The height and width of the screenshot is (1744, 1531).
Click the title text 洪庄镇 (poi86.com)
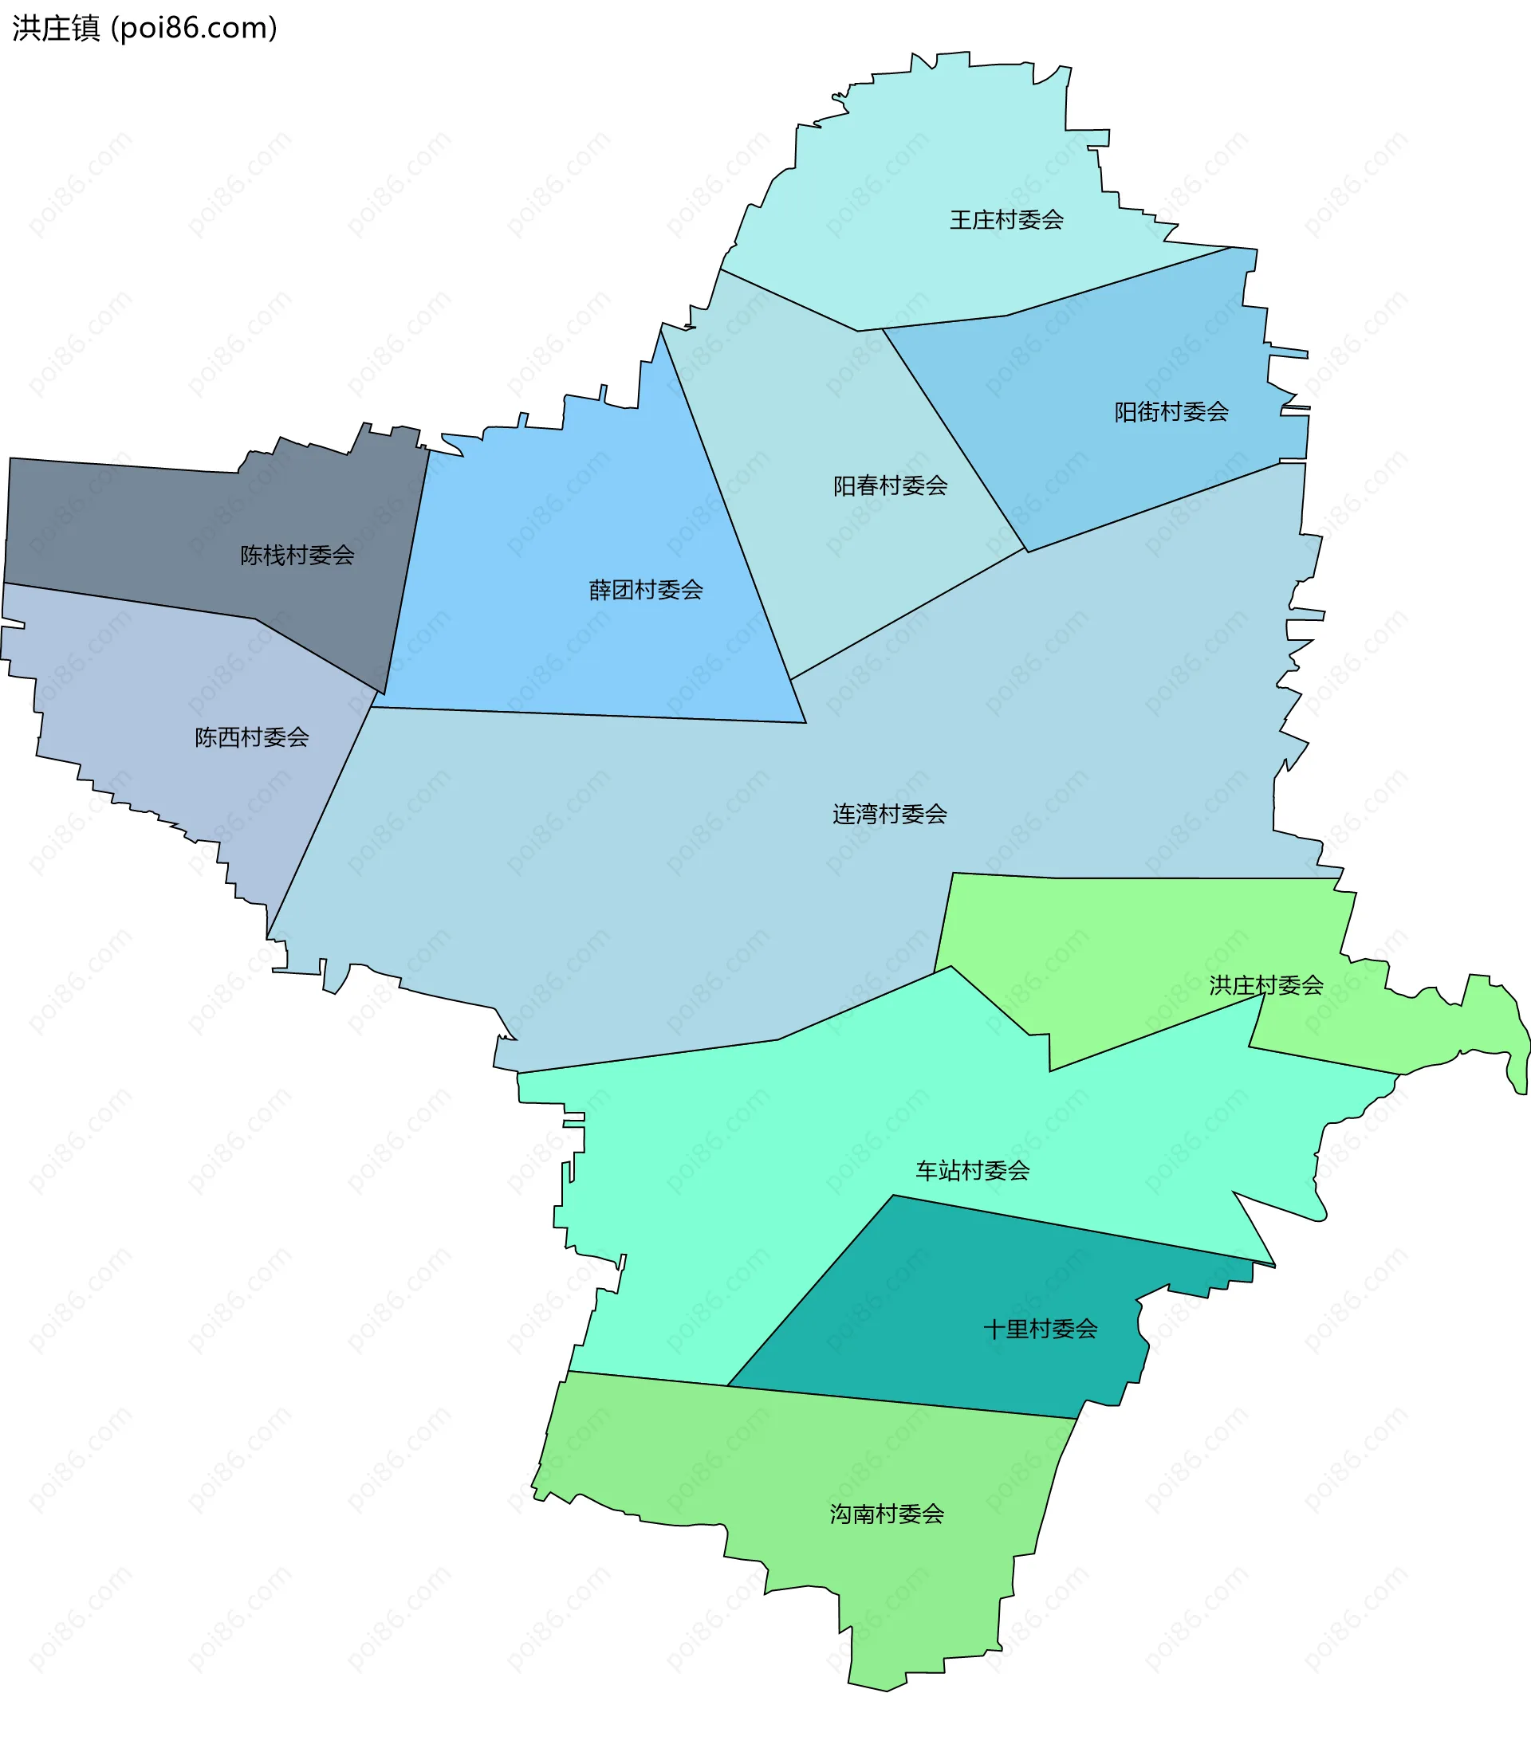click(x=144, y=28)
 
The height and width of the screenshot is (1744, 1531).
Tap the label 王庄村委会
click(x=1006, y=220)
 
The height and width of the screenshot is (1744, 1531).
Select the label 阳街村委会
click(x=1171, y=412)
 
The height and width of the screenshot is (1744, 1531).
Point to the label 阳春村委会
click(x=890, y=485)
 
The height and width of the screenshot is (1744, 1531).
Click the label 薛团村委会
click(x=645, y=590)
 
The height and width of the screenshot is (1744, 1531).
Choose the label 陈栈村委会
click(x=297, y=556)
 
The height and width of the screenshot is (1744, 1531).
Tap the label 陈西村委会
click(x=252, y=737)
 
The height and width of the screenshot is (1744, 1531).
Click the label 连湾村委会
click(x=889, y=814)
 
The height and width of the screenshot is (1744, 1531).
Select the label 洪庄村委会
click(x=1265, y=985)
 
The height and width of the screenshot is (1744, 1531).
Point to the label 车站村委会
click(x=972, y=1171)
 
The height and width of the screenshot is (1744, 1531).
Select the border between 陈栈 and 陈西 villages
click(x=128, y=601)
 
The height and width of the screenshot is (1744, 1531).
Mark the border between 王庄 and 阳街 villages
click(x=1118, y=281)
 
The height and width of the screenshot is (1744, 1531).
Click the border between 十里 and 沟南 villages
click(x=900, y=1402)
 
